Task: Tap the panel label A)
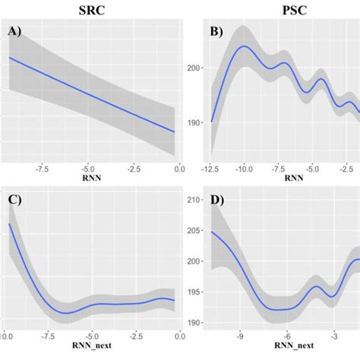tap(17, 31)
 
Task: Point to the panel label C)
tap(17, 201)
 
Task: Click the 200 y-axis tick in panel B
tap(194, 68)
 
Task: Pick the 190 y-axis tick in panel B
tap(194, 122)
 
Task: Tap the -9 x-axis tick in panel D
tap(239, 332)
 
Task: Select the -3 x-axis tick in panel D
tap(333, 332)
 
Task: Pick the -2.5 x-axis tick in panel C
tap(137, 332)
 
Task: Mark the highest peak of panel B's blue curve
tap(244, 46)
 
